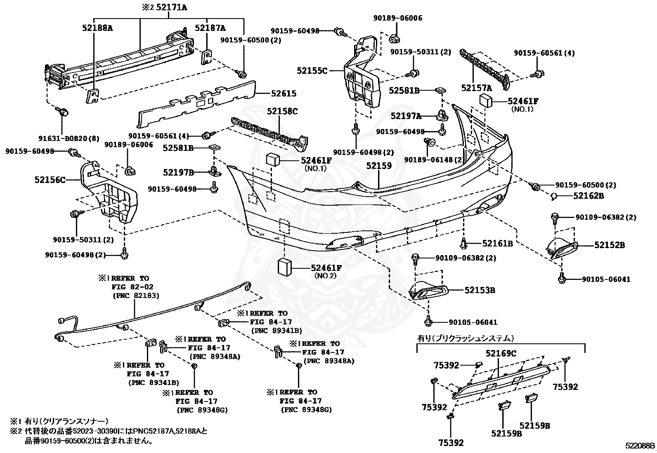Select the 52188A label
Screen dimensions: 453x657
click(97, 28)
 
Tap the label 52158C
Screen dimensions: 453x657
click(282, 111)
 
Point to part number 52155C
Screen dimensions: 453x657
click(312, 71)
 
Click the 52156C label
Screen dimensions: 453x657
click(50, 180)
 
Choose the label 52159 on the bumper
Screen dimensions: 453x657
click(379, 166)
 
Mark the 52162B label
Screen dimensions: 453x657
click(588, 196)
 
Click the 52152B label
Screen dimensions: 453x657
click(610, 245)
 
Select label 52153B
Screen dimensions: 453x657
click(480, 290)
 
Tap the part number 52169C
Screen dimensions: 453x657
click(501, 353)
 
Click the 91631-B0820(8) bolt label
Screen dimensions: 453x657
click(73, 138)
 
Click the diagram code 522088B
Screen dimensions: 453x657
click(640, 446)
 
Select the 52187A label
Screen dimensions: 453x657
click(210, 28)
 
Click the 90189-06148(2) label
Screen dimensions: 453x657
click(434, 160)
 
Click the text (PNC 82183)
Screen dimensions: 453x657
click(136, 296)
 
